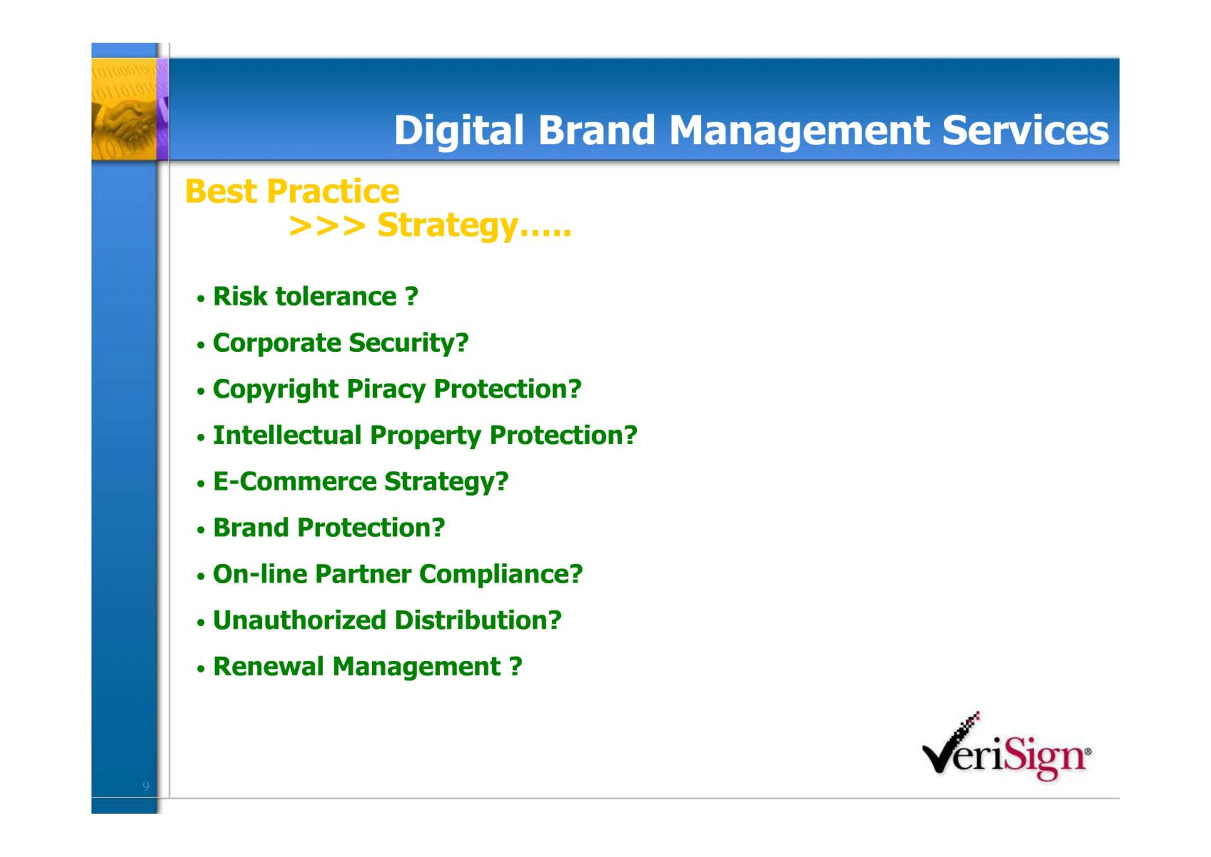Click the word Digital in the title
click(459, 131)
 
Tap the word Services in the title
click(1025, 130)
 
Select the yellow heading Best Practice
click(291, 191)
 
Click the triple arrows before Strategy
click(327, 226)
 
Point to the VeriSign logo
click(1006, 746)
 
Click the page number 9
click(146, 786)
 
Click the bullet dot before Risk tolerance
click(201, 298)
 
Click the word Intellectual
click(287, 435)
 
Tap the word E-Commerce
click(295, 481)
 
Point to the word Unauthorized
click(300, 620)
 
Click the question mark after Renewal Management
click(515, 666)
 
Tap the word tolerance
click(336, 296)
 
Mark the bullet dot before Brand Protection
click(201, 530)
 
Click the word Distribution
click(478, 620)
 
